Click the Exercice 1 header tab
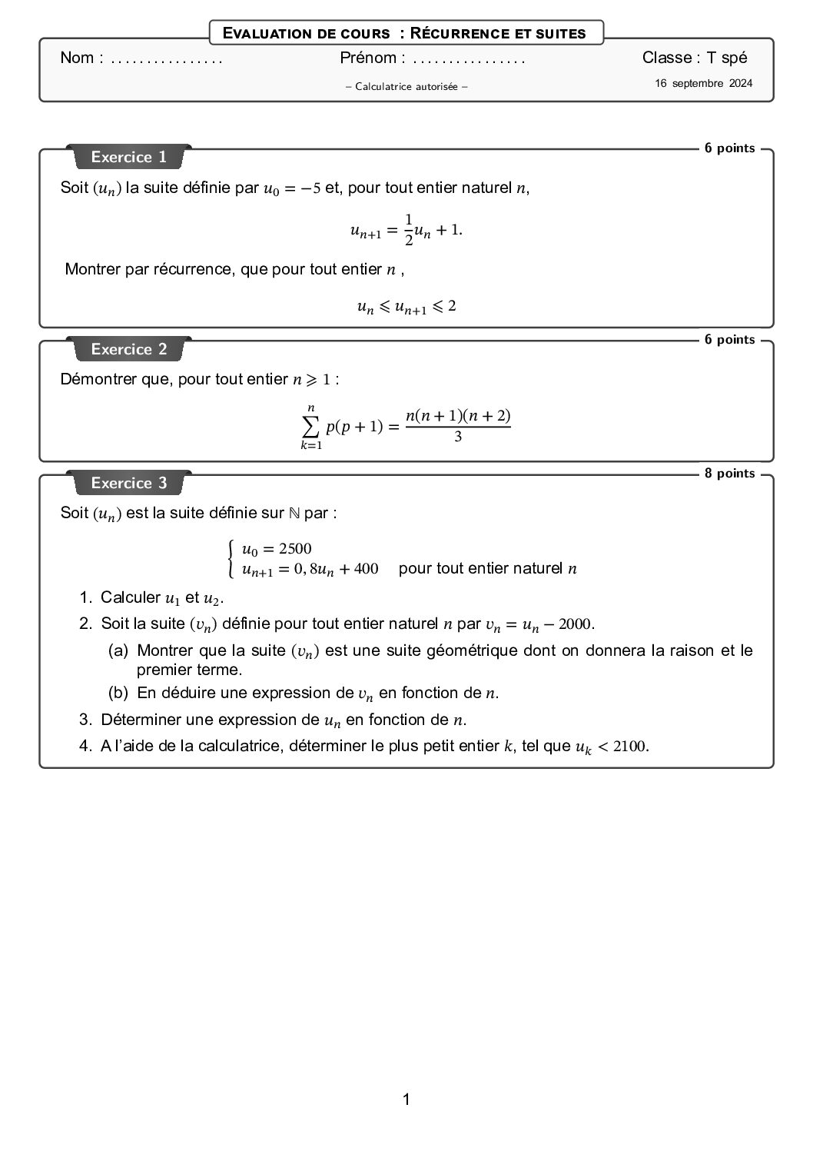128,157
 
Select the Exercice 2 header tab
128,349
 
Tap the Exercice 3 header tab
128,483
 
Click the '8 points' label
729,474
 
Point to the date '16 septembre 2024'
703,84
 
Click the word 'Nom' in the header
77,58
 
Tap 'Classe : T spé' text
694,58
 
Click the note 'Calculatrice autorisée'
406,87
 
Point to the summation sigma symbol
310,424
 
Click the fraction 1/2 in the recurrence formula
409,229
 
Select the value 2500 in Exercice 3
295,549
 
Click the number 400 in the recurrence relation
366,569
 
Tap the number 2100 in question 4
630,747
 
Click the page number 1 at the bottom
406,1099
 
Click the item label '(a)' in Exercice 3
118,651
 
